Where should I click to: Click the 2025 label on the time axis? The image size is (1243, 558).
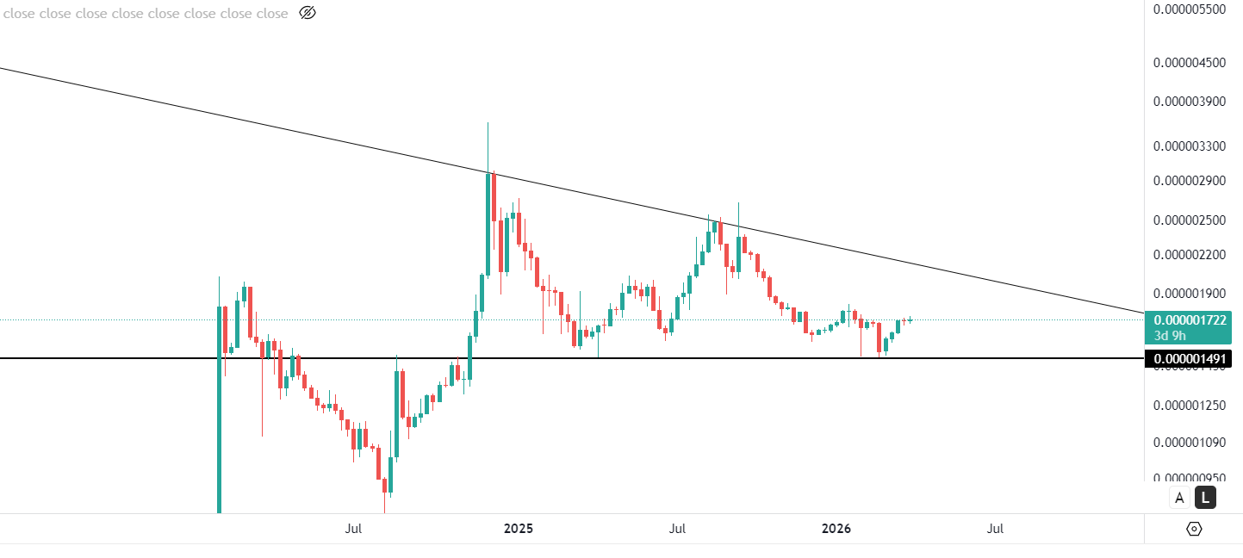coord(518,529)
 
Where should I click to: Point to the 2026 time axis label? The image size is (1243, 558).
coord(836,529)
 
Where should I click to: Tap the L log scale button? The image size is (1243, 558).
coord(1205,497)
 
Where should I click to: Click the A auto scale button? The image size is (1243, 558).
coord(1179,497)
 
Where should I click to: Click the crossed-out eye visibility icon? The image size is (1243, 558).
coord(307,13)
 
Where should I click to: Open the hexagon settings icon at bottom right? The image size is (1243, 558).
coord(1194,529)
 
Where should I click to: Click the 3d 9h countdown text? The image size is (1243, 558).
coord(1170,335)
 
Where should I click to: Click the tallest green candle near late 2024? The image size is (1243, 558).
coord(488,224)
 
